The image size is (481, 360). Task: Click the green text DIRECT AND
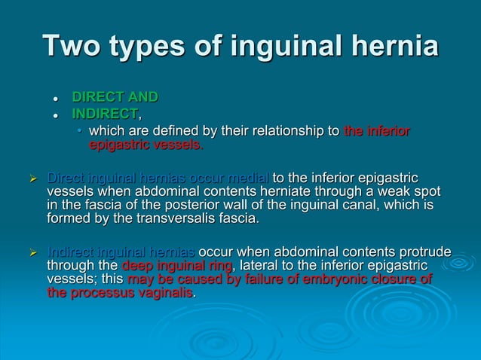(x=115, y=97)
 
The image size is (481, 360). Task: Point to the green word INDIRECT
(x=105, y=114)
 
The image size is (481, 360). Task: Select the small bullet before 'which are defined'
(x=81, y=132)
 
